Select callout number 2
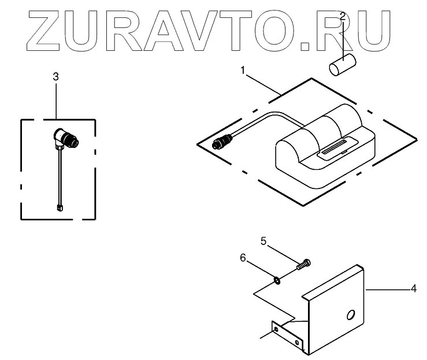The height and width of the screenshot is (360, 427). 343,16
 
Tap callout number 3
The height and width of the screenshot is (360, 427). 55,76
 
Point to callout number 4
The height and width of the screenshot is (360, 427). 413,288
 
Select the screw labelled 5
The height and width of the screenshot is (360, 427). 303,265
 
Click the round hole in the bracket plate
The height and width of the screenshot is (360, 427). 350,315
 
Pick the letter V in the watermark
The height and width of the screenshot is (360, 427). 219,28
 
